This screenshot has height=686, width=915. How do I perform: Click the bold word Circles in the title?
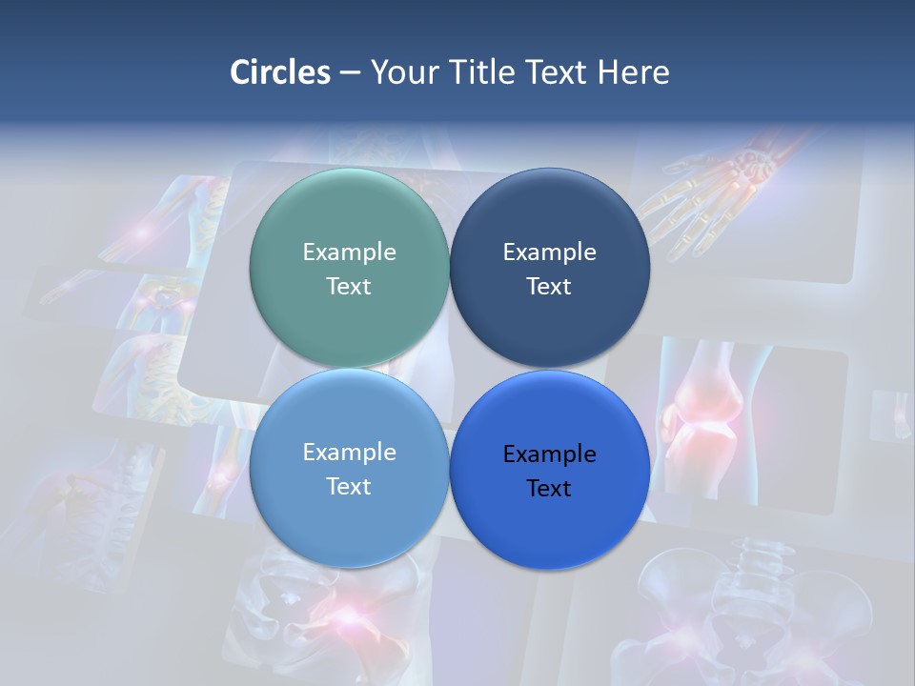[x=280, y=72]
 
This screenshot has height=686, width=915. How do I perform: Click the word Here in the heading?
[x=633, y=72]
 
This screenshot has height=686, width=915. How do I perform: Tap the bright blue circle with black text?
[x=549, y=519]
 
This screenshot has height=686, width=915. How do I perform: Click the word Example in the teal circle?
[x=349, y=252]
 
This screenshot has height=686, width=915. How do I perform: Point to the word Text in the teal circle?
[x=349, y=286]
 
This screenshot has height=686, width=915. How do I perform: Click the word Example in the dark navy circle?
[x=549, y=252]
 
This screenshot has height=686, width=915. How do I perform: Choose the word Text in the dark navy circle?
[x=549, y=286]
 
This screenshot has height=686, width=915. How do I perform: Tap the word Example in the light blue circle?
[x=349, y=452]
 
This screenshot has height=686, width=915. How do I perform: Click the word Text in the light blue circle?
[x=349, y=486]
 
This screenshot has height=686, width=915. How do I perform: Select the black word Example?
[x=549, y=454]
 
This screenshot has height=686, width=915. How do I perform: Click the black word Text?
[x=549, y=488]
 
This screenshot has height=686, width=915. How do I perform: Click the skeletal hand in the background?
[x=724, y=191]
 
